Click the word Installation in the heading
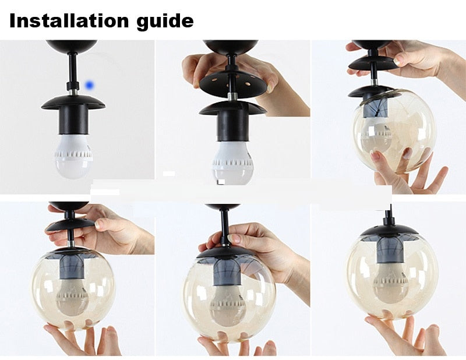69,20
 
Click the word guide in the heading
165,22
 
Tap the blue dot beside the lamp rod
90,86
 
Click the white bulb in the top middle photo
232,163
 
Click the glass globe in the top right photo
394,131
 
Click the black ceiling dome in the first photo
72,45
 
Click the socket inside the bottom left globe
72,267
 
